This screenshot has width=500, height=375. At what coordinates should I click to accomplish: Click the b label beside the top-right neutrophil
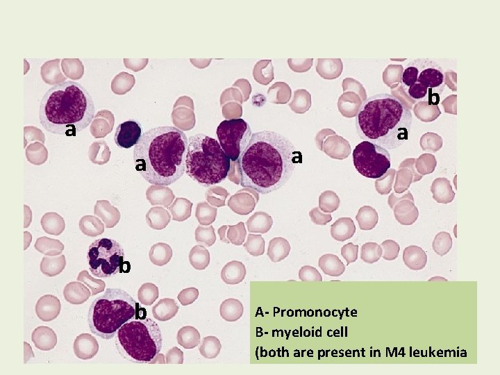(x=433, y=98)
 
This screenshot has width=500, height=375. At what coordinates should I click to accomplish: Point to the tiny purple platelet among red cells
(x=260, y=100)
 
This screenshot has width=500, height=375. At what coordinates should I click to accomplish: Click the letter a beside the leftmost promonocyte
(x=69, y=129)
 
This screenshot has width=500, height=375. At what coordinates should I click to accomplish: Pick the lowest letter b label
(x=140, y=312)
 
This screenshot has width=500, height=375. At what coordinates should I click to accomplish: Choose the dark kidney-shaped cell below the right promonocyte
(x=372, y=160)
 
